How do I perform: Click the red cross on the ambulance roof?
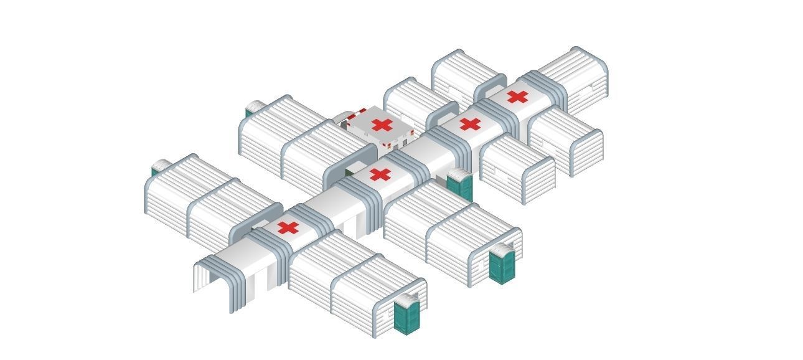(382, 125)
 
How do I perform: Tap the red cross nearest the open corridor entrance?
(288, 228)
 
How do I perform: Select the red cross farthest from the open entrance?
(517, 97)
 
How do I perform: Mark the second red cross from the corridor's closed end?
(470, 124)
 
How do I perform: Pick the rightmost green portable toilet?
(501, 265)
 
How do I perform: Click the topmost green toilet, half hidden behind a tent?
(252, 110)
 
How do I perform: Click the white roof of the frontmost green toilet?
(408, 300)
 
